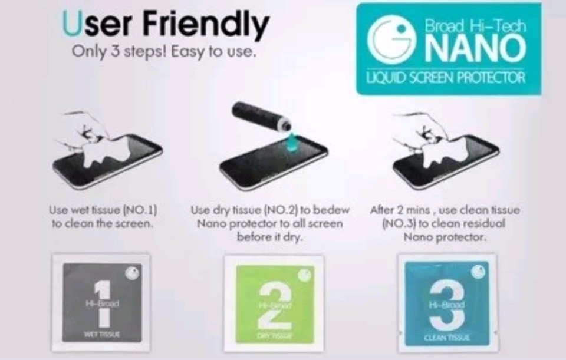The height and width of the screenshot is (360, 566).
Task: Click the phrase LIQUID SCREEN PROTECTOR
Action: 447,78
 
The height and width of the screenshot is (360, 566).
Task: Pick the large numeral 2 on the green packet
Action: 274,304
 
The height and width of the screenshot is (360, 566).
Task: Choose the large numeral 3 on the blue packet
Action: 446,304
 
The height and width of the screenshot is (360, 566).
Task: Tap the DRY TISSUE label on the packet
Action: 274,335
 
